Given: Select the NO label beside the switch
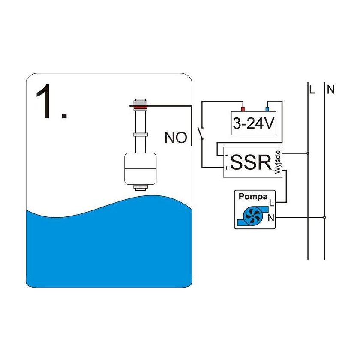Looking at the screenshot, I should (x=176, y=138).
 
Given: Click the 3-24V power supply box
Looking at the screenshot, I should (x=253, y=123).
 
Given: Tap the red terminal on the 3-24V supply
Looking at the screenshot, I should (x=242, y=108).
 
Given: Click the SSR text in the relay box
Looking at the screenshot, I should (x=250, y=162).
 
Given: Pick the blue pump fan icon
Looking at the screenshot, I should (x=249, y=214).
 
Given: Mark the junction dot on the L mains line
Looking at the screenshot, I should (x=308, y=153).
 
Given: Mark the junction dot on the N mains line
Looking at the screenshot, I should (x=324, y=218).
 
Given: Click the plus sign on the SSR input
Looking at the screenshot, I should (x=226, y=168).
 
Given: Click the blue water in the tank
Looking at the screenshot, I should (x=107, y=249).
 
